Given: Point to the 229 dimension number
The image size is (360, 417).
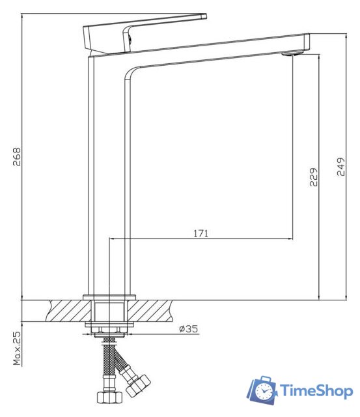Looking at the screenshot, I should click(313, 177).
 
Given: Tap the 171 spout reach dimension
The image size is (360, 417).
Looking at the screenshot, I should click(201, 233).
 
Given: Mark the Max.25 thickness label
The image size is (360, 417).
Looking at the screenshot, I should click(18, 349).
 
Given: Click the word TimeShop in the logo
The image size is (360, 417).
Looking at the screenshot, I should click(316, 391).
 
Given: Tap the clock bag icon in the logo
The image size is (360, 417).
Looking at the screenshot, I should click(263, 390).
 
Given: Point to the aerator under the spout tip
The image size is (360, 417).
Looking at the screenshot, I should click(289, 55).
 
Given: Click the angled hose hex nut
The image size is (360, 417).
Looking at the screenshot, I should click(139, 384).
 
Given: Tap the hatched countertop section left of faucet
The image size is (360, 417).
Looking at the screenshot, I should click(55, 310).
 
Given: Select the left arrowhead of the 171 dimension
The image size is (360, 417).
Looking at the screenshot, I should click(112, 239).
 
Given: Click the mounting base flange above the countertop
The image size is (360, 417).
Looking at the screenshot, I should click(109, 297).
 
